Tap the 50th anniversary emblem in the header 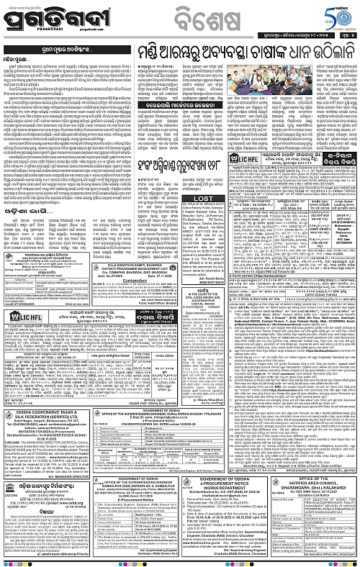coord(338,14)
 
